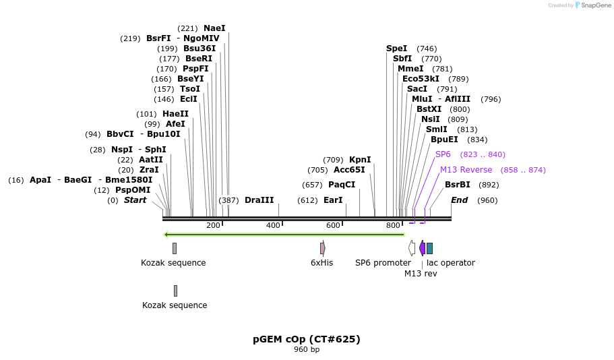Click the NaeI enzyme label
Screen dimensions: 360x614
[214, 28]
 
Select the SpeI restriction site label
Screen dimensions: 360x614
[396, 49]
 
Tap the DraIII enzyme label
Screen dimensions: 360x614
[259, 200]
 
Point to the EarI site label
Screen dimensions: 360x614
[333, 200]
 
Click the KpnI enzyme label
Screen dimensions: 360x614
[360, 160]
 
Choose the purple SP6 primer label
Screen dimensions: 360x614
[443, 154]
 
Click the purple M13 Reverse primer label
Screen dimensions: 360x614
[466, 170]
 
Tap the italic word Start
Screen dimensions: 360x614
[135, 200]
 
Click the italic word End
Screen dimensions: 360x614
[459, 200]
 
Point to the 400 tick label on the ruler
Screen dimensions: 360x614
[273, 225]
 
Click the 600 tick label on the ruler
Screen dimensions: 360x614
[333, 225]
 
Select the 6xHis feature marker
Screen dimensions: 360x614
[322, 248]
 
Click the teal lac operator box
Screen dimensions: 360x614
[429, 248]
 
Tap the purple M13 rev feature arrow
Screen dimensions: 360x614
[422, 248]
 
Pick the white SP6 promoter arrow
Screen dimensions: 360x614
[412, 248]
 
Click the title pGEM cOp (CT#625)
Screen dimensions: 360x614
[307, 339]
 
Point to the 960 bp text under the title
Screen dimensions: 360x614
[307, 350]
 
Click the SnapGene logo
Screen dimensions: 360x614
[592, 5]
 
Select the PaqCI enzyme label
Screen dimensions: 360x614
[342, 185]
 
